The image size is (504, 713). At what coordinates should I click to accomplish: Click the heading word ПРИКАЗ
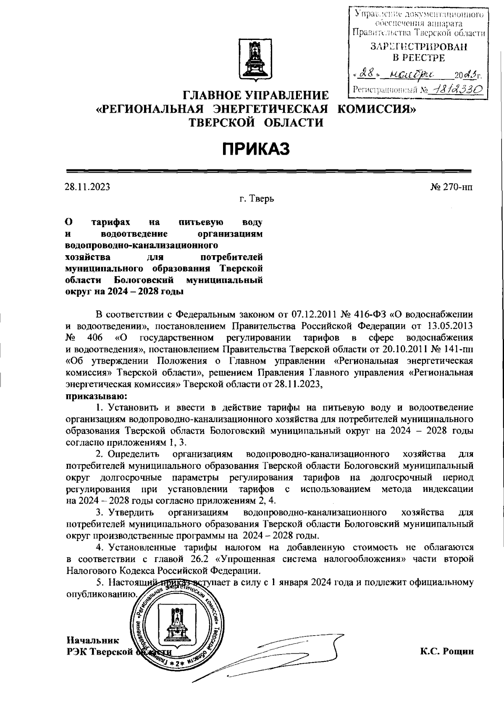(256, 149)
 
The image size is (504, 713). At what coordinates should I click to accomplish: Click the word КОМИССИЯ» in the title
(377, 109)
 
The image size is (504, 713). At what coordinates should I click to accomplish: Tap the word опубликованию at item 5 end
(102, 594)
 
